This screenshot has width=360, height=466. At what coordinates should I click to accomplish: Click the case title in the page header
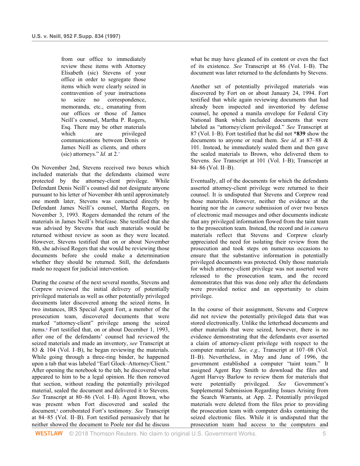point(76,36)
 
